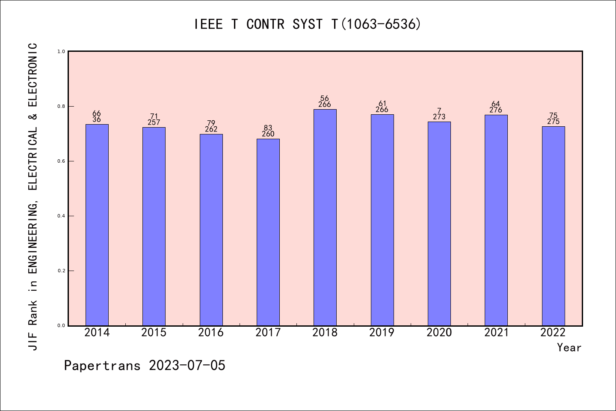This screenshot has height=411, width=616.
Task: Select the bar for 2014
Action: pyautogui.click(x=97, y=225)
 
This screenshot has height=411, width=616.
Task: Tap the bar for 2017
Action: pyautogui.click(x=268, y=232)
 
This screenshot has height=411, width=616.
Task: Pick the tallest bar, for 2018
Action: pyautogui.click(x=325, y=217)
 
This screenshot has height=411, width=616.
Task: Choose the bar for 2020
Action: pyautogui.click(x=439, y=223)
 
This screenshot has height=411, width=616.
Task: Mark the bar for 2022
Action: pyautogui.click(x=553, y=226)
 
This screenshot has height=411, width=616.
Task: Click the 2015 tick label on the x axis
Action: pyautogui.click(x=154, y=333)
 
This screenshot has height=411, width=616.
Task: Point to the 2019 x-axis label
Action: pyautogui.click(x=382, y=333)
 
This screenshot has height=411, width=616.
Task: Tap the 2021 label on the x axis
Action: pyautogui.click(x=496, y=333)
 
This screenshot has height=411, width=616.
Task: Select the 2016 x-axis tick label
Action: pyautogui.click(x=211, y=333)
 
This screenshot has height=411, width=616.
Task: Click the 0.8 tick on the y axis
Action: pyautogui.click(x=61, y=106)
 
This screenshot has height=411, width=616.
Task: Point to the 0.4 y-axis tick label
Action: pyautogui.click(x=61, y=216)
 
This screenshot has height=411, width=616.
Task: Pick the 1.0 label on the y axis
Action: pyautogui.click(x=61, y=51)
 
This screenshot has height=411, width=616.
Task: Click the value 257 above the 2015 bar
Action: pyautogui.click(x=154, y=122)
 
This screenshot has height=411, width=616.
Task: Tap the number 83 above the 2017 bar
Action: pyautogui.click(x=268, y=128)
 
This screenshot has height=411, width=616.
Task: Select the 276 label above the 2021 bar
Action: pyautogui.click(x=496, y=110)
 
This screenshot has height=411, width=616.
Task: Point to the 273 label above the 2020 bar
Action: pyautogui.click(x=439, y=117)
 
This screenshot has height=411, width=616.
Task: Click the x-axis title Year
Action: pyautogui.click(x=569, y=348)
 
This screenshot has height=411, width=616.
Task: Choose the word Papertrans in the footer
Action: pyautogui.click(x=102, y=366)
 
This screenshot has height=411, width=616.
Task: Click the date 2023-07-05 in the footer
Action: pyautogui.click(x=187, y=366)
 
